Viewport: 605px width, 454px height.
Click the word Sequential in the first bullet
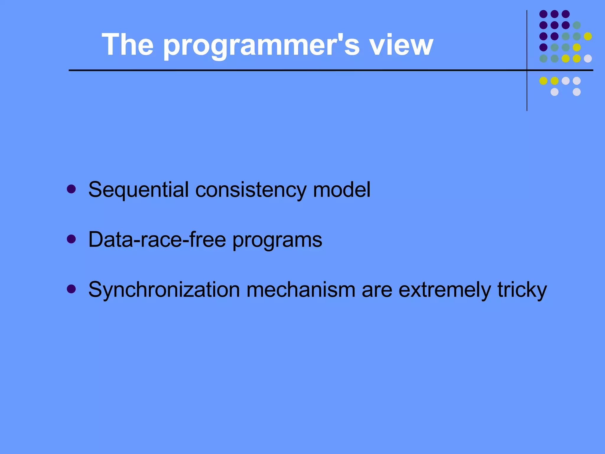(138, 190)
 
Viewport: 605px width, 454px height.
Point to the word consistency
(251, 190)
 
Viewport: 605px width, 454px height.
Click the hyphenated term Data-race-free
(157, 239)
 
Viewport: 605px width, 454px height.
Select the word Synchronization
(164, 290)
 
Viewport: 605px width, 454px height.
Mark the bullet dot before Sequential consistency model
(71, 189)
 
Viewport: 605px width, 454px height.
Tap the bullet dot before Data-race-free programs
(71, 239)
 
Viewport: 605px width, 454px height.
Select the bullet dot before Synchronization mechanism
(71, 289)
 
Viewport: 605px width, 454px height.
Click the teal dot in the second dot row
(577, 25)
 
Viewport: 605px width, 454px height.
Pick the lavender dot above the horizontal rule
(588, 59)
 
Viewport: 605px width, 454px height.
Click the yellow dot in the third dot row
(588, 36)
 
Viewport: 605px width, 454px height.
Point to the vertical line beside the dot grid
(527, 89)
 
